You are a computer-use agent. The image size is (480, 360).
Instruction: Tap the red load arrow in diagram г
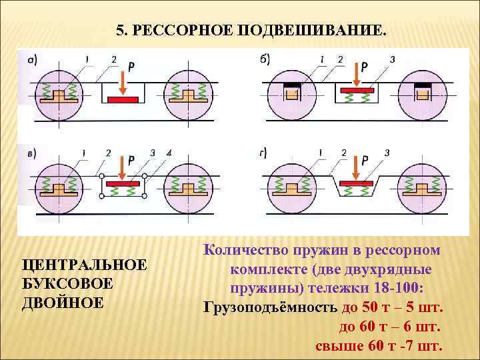click(354, 171)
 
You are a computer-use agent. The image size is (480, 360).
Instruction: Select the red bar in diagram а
click(123, 99)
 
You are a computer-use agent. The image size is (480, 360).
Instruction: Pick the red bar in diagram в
click(123, 181)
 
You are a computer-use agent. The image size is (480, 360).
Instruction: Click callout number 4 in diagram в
click(169, 153)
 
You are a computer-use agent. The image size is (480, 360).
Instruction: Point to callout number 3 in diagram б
click(392, 59)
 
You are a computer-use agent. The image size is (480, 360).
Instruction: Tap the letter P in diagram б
click(364, 67)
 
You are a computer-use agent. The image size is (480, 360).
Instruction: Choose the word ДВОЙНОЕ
click(63, 302)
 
